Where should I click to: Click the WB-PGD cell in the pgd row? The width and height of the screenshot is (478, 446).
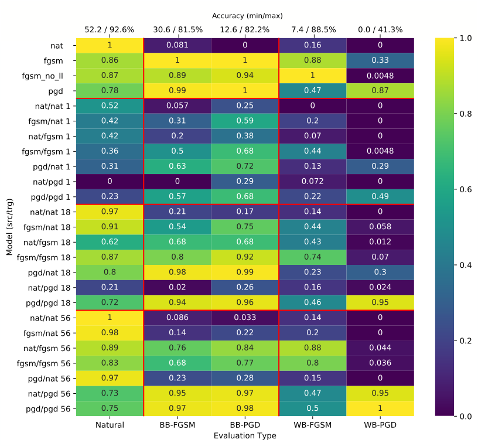click(x=380, y=91)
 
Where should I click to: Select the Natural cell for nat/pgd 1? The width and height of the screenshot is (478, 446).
click(x=110, y=182)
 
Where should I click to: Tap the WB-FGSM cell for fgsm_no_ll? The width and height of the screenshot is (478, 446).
click(x=312, y=76)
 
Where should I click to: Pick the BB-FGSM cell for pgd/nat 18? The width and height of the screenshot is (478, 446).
click(x=177, y=272)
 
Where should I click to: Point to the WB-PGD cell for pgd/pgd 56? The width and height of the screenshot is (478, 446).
click(x=380, y=408)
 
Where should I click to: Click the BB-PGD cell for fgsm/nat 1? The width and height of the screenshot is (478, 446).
click(x=245, y=121)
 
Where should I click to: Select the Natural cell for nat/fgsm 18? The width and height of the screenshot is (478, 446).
click(x=110, y=242)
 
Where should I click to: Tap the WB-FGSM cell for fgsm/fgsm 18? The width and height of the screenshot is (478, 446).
click(x=312, y=257)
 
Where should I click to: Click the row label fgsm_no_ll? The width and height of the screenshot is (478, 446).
click(x=42, y=76)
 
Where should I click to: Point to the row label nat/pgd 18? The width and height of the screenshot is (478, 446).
click(x=49, y=288)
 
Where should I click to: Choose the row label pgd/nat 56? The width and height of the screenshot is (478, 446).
click(x=49, y=379)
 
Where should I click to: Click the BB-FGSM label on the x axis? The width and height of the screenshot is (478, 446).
click(x=177, y=425)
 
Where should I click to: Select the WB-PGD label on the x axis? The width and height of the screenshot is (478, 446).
click(x=380, y=425)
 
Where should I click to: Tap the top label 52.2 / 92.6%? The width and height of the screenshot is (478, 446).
click(x=110, y=29)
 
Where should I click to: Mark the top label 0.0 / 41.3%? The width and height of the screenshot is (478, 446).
click(x=380, y=29)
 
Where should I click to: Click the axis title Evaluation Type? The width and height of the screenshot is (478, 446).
click(x=245, y=435)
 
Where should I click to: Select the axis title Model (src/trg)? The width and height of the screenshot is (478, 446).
click(x=9, y=227)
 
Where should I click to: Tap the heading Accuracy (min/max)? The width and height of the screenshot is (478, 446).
click(x=247, y=16)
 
